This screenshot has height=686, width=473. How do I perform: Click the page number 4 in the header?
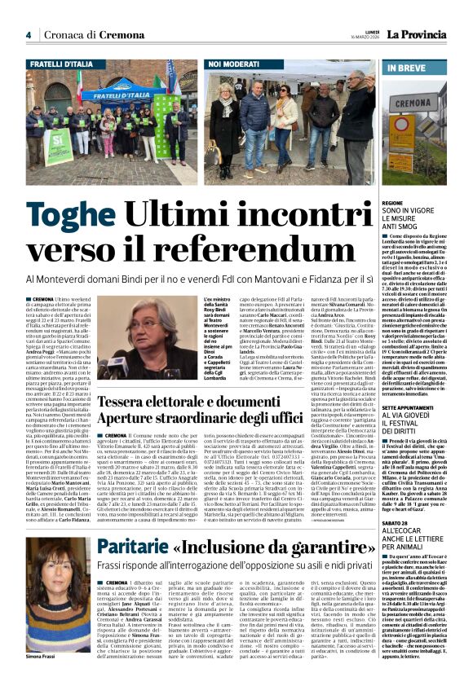(29, 35)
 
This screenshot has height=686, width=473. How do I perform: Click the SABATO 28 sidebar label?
(396, 523)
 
